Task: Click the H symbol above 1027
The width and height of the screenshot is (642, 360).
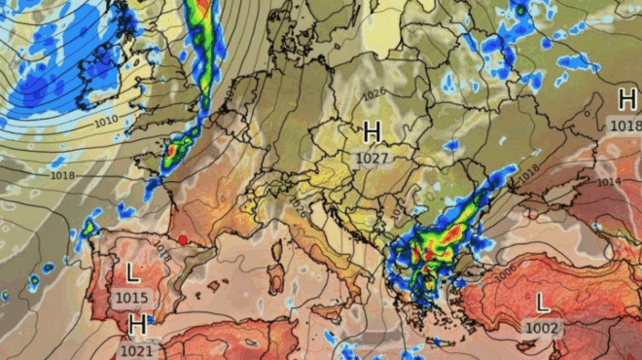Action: point(372,131)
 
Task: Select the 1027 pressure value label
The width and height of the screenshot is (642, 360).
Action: point(372,158)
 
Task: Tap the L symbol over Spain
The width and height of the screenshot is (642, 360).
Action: point(132,272)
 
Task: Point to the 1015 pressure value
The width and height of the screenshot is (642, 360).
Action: point(132,297)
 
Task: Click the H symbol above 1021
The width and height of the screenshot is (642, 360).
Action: point(138,324)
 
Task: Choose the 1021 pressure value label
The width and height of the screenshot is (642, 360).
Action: point(138,348)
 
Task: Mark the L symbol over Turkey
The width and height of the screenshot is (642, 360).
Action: point(542,303)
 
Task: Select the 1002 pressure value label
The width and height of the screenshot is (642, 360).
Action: point(542,328)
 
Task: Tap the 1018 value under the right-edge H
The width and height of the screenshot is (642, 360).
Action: point(626,125)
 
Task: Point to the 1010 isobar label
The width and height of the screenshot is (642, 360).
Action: point(107,120)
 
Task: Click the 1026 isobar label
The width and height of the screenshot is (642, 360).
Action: point(374,94)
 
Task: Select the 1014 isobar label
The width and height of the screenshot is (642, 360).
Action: point(608,182)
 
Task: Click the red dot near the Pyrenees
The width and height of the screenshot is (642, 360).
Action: point(182,240)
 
